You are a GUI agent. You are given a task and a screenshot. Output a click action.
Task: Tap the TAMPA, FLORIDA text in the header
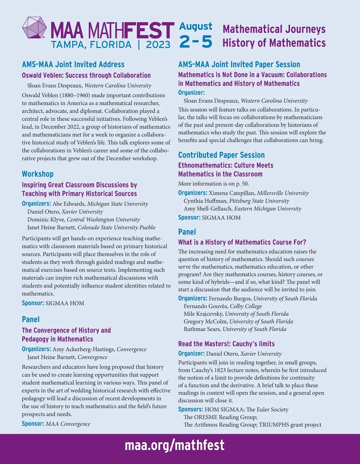[91, 45]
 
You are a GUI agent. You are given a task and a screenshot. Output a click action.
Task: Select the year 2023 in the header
[158, 45]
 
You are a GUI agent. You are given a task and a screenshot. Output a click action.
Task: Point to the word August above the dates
[196, 26]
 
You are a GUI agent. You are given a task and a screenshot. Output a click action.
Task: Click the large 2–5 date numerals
[196, 41]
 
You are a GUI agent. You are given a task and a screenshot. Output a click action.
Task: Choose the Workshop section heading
[37, 174]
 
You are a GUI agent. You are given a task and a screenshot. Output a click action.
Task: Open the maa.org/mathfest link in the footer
[174, 445]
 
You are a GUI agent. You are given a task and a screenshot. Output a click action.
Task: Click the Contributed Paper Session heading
[221, 155]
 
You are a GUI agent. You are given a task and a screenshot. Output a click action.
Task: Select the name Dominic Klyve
[46, 220]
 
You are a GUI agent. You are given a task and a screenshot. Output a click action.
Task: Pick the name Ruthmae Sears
[202, 329]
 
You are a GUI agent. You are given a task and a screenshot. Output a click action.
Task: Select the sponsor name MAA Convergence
[68, 424]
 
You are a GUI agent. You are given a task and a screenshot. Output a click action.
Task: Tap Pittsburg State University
[259, 201]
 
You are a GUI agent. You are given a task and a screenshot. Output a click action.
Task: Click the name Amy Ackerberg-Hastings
[84, 349]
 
